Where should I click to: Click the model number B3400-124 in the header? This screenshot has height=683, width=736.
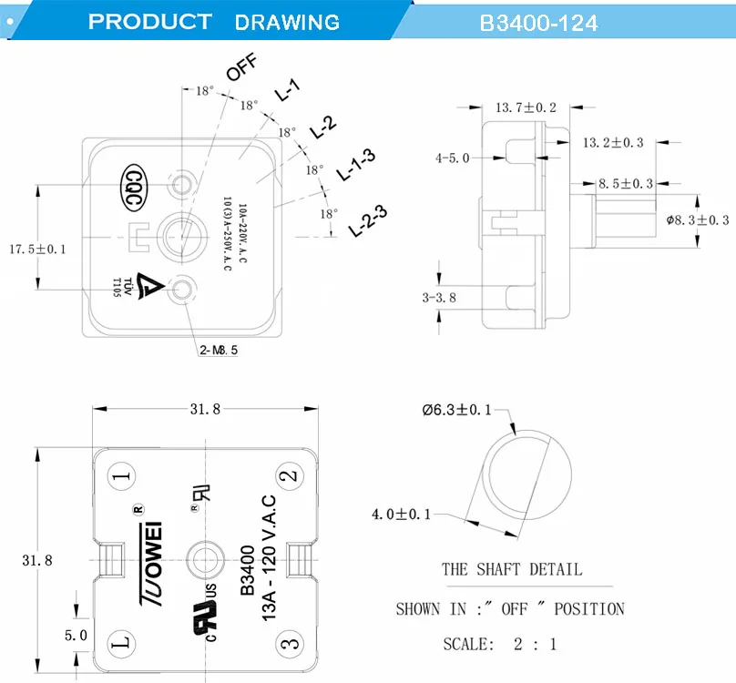(x=538, y=23)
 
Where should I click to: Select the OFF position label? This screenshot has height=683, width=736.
(x=241, y=68)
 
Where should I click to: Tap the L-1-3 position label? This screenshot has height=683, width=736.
(x=356, y=164)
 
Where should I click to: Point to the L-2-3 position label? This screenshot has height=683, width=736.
(x=368, y=222)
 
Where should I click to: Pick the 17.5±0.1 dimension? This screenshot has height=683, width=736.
(x=37, y=248)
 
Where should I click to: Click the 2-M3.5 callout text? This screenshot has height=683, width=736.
(x=219, y=350)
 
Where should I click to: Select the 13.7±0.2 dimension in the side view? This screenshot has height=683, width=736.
(x=526, y=107)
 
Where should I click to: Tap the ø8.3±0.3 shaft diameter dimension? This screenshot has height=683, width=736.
(x=698, y=219)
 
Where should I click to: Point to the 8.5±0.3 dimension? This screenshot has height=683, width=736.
(x=625, y=183)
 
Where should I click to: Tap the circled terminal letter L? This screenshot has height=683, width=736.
(x=122, y=641)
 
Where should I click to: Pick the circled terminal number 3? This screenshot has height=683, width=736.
(x=289, y=641)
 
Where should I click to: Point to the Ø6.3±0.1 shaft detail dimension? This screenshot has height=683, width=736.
(x=456, y=410)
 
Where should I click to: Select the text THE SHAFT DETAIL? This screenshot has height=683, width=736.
(x=511, y=569)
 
